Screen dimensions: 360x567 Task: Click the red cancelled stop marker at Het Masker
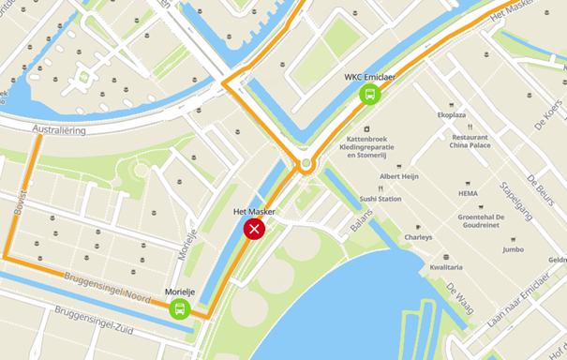[254, 230]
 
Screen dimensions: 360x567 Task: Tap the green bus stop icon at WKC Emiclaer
[370, 94]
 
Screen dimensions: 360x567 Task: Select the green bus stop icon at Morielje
[179, 308]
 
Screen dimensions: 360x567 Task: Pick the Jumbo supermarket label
[513, 249]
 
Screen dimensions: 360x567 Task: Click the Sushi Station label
[380, 199]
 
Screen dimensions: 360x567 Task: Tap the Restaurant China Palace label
[470, 140]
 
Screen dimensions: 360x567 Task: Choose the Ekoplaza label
[452, 114]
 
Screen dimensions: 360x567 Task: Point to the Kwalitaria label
[446, 267]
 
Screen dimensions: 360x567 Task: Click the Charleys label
[418, 237]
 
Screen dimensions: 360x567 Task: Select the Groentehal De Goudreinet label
[482, 221]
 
